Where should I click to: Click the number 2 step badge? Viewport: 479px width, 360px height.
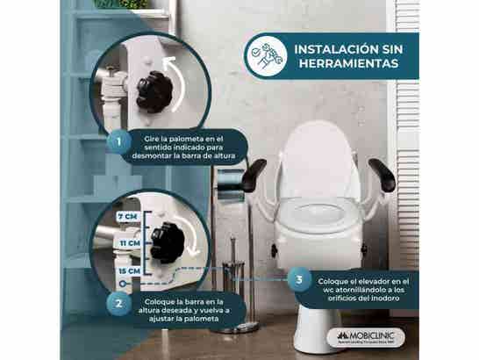point(113,303)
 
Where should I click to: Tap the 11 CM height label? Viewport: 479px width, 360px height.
point(130,242)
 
